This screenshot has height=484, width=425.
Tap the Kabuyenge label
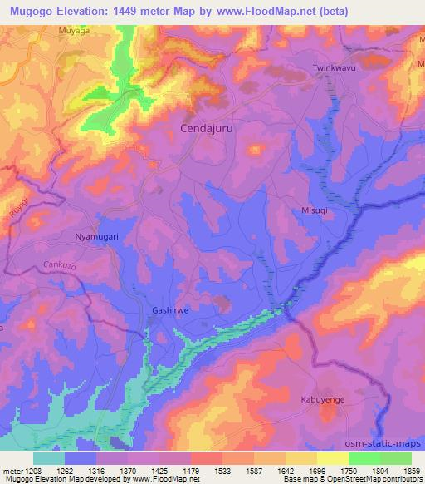tap(322, 400)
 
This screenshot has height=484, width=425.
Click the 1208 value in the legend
tap(26, 471)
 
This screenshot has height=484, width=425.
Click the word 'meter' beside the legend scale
tap(9, 471)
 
